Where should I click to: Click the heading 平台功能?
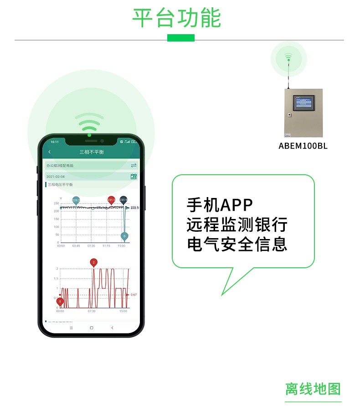[x=176, y=18]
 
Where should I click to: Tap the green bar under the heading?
[x=180, y=38]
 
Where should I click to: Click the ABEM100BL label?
[x=303, y=146]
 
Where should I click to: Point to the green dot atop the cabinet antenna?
[x=288, y=59]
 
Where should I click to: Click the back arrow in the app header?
[x=50, y=152]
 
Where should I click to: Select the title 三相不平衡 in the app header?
[x=92, y=152]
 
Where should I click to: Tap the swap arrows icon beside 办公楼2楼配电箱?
[x=134, y=165]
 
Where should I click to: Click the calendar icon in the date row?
[x=134, y=177]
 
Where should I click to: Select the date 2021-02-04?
[x=56, y=177]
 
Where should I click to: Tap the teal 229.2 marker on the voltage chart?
[x=76, y=200]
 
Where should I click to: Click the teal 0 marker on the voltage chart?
[x=124, y=236]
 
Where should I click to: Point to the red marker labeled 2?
[x=94, y=262]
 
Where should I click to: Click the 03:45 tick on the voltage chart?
[x=76, y=246]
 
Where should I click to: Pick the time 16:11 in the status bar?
[x=55, y=142]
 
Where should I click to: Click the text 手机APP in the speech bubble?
[x=220, y=205]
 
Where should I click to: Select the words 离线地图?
[x=313, y=389]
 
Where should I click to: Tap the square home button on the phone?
[x=91, y=328]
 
